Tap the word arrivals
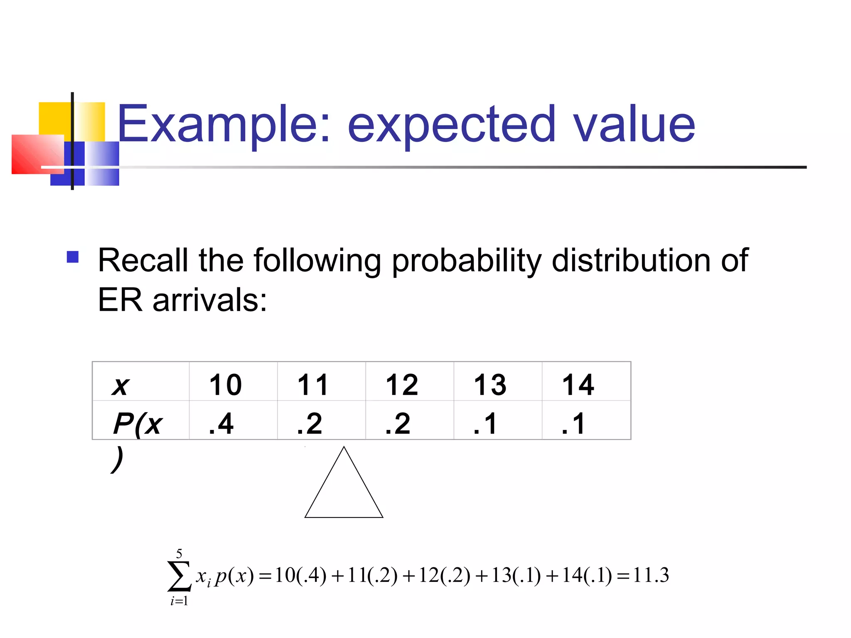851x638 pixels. click(210, 300)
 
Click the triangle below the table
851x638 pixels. click(344, 490)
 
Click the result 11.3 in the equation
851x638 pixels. click(651, 575)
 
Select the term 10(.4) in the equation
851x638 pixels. click(300, 575)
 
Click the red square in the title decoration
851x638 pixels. click(37, 154)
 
